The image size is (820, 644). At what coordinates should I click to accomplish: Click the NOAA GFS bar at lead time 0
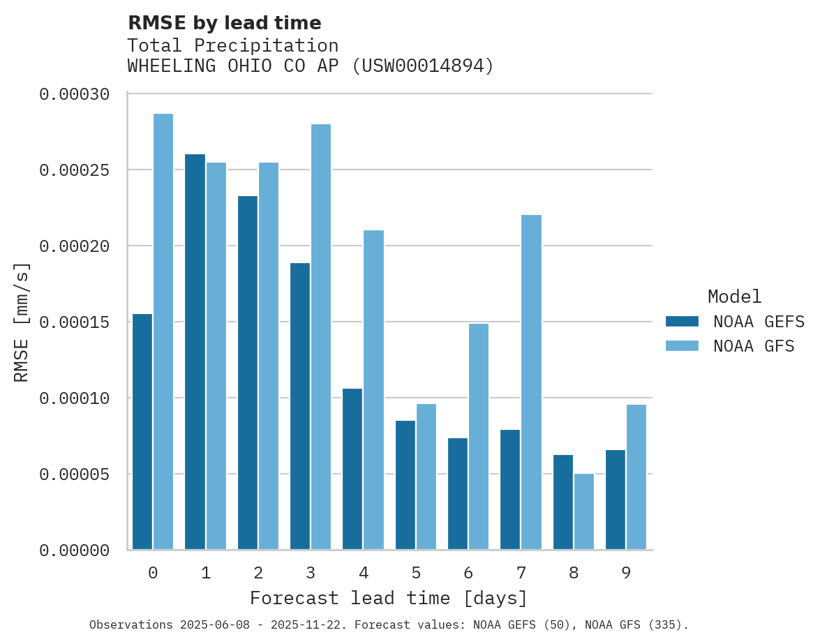[163, 331]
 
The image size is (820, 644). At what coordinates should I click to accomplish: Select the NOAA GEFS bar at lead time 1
[195, 352]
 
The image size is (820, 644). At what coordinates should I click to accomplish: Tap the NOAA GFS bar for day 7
[531, 382]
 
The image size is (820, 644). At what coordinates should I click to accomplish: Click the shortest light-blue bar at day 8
[584, 511]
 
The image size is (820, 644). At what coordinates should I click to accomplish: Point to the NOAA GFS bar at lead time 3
[321, 336]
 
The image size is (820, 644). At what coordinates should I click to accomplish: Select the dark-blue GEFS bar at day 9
[616, 500]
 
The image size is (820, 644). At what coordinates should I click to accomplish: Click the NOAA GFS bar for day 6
[479, 436]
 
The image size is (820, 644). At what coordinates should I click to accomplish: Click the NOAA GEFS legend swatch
[682, 322]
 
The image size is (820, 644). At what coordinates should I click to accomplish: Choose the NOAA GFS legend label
[754, 346]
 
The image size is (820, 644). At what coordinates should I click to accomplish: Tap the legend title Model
[734, 297]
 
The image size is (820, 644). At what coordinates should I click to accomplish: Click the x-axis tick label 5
[416, 574]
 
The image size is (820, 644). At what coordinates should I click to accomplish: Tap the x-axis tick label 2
[258, 574]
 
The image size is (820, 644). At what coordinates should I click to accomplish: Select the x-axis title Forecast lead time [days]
[389, 599]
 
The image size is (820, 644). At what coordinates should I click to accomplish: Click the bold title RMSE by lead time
[224, 23]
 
